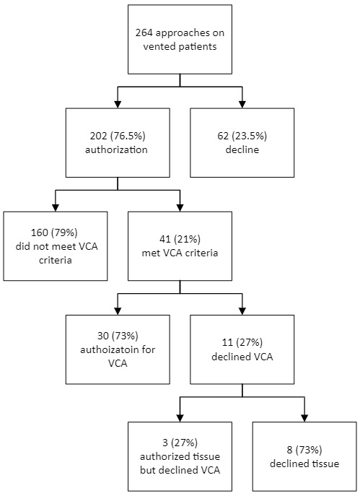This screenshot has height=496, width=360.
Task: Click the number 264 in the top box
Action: (x=144, y=33)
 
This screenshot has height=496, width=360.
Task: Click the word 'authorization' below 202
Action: (x=116, y=149)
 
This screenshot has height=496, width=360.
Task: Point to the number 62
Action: (x=223, y=136)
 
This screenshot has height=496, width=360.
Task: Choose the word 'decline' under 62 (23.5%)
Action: (x=242, y=149)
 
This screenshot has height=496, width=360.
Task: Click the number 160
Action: (x=40, y=232)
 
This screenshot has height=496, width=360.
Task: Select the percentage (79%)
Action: (x=64, y=232)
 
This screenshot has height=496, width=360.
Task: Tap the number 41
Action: (x=165, y=240)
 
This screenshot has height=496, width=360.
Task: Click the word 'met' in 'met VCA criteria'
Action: (x=150, y=253)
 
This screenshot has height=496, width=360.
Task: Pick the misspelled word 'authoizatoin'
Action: (x=118, y=350)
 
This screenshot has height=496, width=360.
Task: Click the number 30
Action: (x=103, y=336)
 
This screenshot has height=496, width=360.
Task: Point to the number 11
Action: (x=227, y=343)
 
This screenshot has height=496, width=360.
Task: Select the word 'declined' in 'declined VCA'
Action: (x=231, y=357)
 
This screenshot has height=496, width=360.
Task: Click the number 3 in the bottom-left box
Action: (x=165, y=443)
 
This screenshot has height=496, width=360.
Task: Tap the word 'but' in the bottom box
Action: (x=148, y=471)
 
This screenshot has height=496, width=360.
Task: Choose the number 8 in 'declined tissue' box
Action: (x=289, y=450)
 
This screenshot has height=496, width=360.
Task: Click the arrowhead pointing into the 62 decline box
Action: (x=242, y=105)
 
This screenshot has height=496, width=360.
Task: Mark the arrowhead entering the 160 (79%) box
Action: (x=56, y=207)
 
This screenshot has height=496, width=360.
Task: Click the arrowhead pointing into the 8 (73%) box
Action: (x=304, y=418)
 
